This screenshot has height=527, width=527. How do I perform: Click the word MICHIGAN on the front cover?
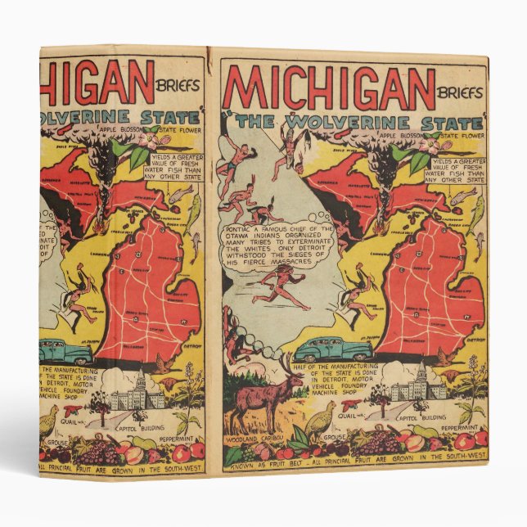click(328, 87)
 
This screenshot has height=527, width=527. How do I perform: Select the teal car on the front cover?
click(323, 349)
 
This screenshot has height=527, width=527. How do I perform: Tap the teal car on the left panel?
click(65, 353)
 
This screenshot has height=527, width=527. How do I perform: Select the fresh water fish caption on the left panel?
click(169, 165)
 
